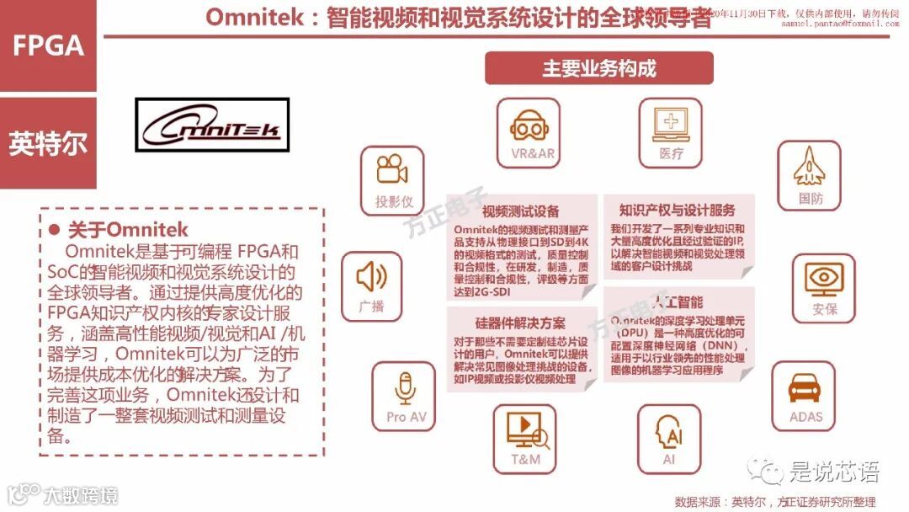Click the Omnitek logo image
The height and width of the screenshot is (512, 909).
click(212, 127)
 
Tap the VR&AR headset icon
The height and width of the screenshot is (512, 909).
click(529, 127)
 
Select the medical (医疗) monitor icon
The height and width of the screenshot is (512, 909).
click(671, 123)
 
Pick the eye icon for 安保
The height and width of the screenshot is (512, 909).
click(824, 277)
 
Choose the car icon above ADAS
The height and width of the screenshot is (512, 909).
click(804, 388)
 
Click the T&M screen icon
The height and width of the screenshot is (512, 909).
click(527, 431)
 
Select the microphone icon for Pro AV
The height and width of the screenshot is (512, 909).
click(407, 389)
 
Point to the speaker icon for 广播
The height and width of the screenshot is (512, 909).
click(371, 277)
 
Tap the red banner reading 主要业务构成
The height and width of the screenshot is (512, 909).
click(598, 68)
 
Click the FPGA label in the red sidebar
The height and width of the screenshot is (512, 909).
click(48, 45)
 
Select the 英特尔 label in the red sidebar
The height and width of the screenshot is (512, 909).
click(48, 143)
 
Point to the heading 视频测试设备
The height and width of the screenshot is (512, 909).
click(519, 211)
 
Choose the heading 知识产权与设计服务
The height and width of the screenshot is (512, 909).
click(677, 210)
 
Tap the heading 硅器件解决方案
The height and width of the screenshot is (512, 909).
click(519, 323)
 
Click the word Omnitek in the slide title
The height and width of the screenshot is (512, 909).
click(255, 19)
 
